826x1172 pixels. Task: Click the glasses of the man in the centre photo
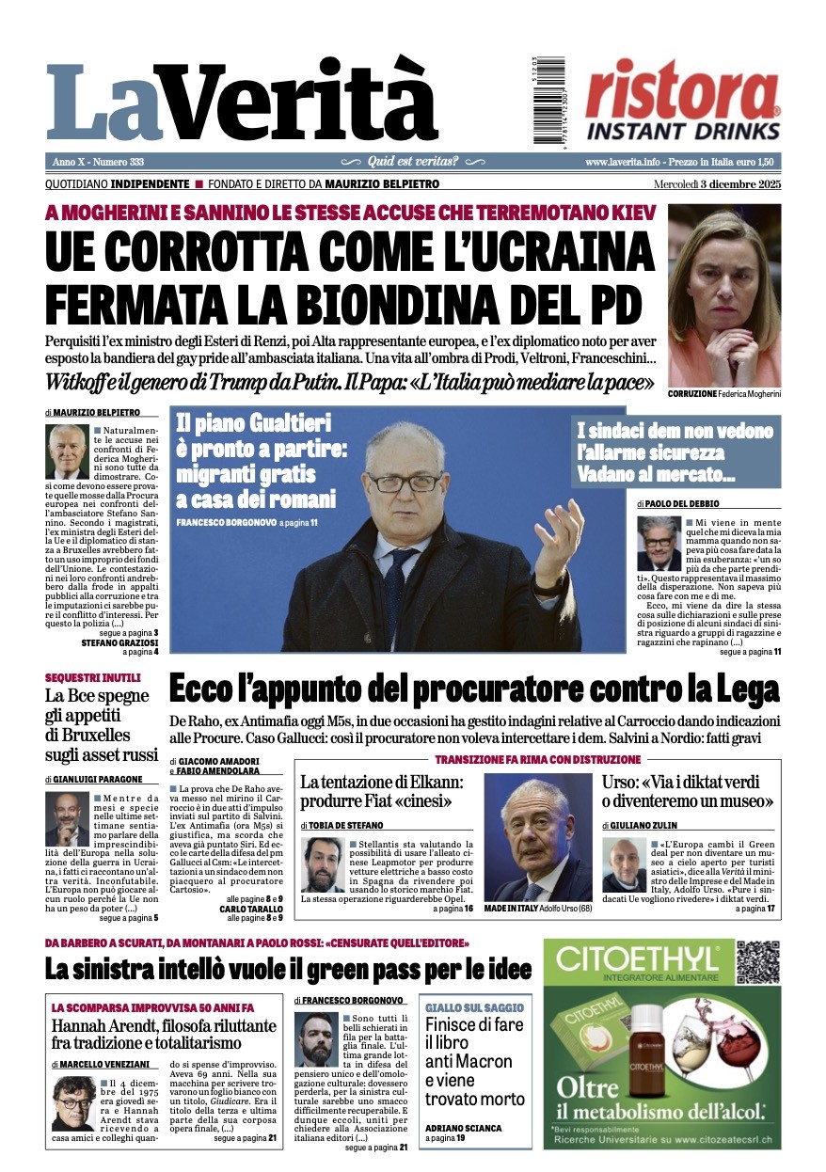(405, 482)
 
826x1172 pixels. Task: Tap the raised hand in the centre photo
(556, 539)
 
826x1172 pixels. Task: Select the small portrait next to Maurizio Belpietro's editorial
(65, 452)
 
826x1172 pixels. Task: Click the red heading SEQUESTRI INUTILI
(92, 677)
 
